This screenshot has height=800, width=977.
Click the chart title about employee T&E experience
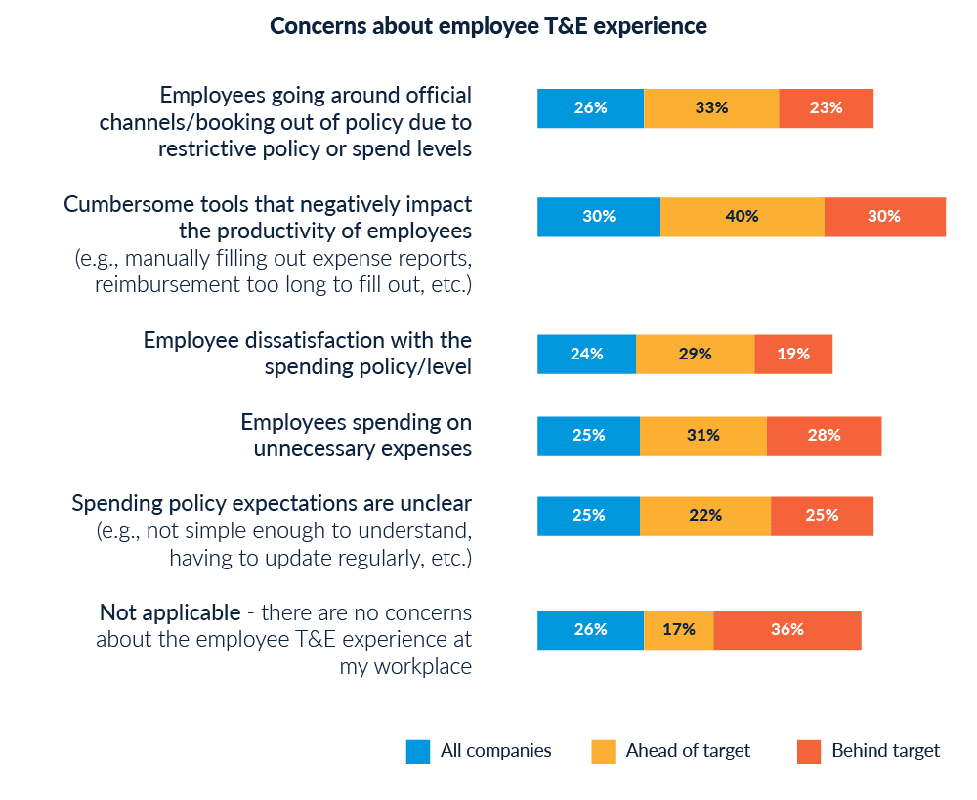(x=488, y=26)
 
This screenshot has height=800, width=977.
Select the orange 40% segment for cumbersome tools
(x=743, y=217)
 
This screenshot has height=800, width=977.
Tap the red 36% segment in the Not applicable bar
(x=787, y=630)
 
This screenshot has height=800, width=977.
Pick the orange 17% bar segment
(x=678, y=630)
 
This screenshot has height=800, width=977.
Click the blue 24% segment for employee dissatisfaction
(x=586, y=354)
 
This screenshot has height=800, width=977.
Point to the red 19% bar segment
(x=793, y=354)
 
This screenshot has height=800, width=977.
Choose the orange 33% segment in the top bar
(x=711, y=108)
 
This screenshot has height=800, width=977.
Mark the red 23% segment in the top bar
(x=826, y=108)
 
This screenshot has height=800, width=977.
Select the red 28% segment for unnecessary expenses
(x=824, y=436)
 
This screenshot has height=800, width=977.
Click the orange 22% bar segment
(x=704, y=515)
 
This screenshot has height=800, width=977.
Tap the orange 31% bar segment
(x=702, y=436)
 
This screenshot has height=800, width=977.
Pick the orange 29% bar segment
(x=695, y=354)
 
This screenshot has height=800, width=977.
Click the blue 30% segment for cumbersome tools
(x=598, y=217)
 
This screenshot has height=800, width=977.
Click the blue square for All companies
(x=418, y=751)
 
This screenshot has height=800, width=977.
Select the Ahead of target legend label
(x=688, y=751)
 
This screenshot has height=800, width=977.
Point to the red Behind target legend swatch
(x=809, y=751)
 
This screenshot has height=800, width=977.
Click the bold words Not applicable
(x=170, y=613)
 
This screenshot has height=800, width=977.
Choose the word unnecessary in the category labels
(x=326, y=449)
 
